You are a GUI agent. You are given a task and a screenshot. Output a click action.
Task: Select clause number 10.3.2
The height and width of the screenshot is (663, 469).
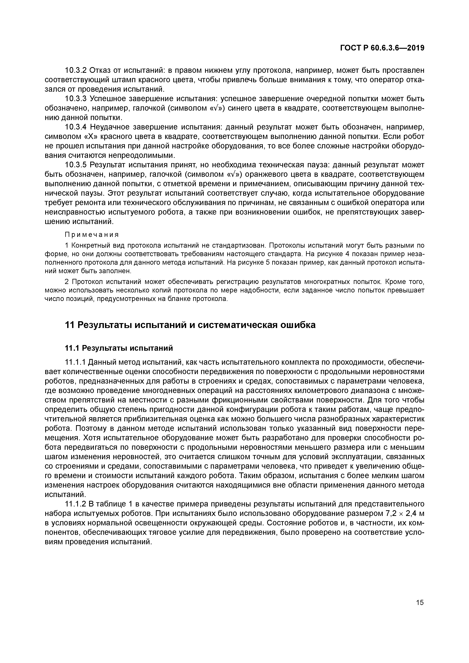pos(76,70)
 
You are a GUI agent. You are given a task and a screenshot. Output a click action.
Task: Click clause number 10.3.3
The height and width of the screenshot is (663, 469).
pos(76,99)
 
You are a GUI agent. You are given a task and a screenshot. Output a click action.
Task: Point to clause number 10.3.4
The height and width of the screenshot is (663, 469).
pos(76,127)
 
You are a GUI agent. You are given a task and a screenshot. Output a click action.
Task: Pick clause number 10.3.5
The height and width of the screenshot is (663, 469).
pos(76,165)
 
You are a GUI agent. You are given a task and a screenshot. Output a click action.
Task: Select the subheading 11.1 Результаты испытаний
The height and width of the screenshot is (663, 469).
pos(119,348)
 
